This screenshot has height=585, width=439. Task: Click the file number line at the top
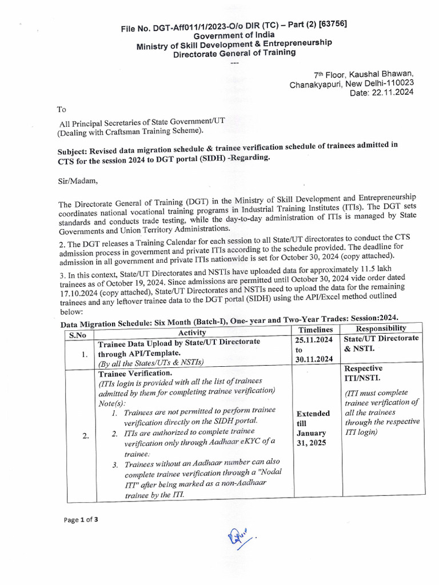point(234,27)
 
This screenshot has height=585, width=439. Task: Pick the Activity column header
point(192,333)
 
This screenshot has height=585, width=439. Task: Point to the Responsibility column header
point(381,328)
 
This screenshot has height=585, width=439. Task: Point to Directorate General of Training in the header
point(234,53)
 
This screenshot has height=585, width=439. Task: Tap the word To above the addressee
point(61,109)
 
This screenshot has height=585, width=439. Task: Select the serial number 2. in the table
point(85,436)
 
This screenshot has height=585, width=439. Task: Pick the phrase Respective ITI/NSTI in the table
point(364,373)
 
